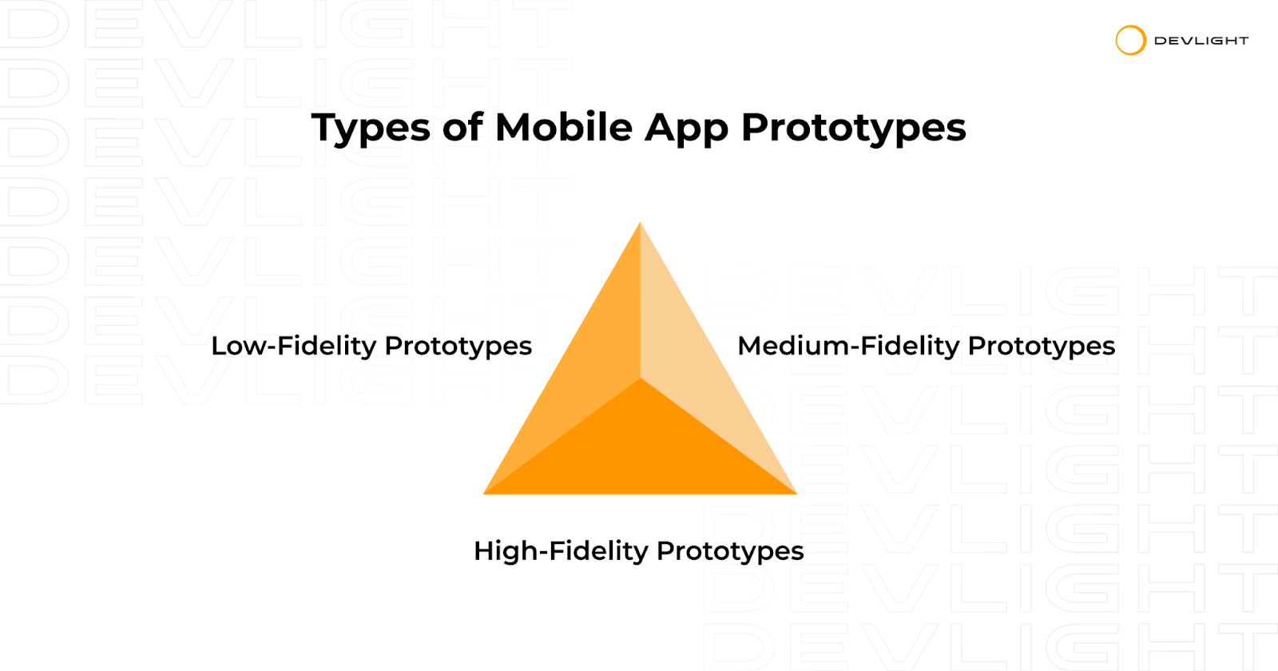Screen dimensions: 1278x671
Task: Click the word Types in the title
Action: (371, 129)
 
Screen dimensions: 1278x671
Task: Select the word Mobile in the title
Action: (564, 127)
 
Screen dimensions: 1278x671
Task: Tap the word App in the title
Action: (687, 129)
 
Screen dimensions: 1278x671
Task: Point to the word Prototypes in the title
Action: (854, 129)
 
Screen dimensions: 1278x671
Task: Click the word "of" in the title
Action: (462, 127)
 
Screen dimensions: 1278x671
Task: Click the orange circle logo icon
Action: (1131, 41)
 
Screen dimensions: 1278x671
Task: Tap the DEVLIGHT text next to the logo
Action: (1201, 41)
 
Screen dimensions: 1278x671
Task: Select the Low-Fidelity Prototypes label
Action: (371, 347)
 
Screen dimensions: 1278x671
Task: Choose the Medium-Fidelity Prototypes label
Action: (926, 347)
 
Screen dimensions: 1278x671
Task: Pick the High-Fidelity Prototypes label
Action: (639, 552)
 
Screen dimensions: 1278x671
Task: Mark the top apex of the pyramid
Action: (640, 223)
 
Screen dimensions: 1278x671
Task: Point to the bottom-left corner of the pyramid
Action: (484, 494)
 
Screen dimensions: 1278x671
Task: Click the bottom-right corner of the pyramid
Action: (797, 494)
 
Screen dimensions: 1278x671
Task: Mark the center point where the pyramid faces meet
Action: (640, 378)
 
